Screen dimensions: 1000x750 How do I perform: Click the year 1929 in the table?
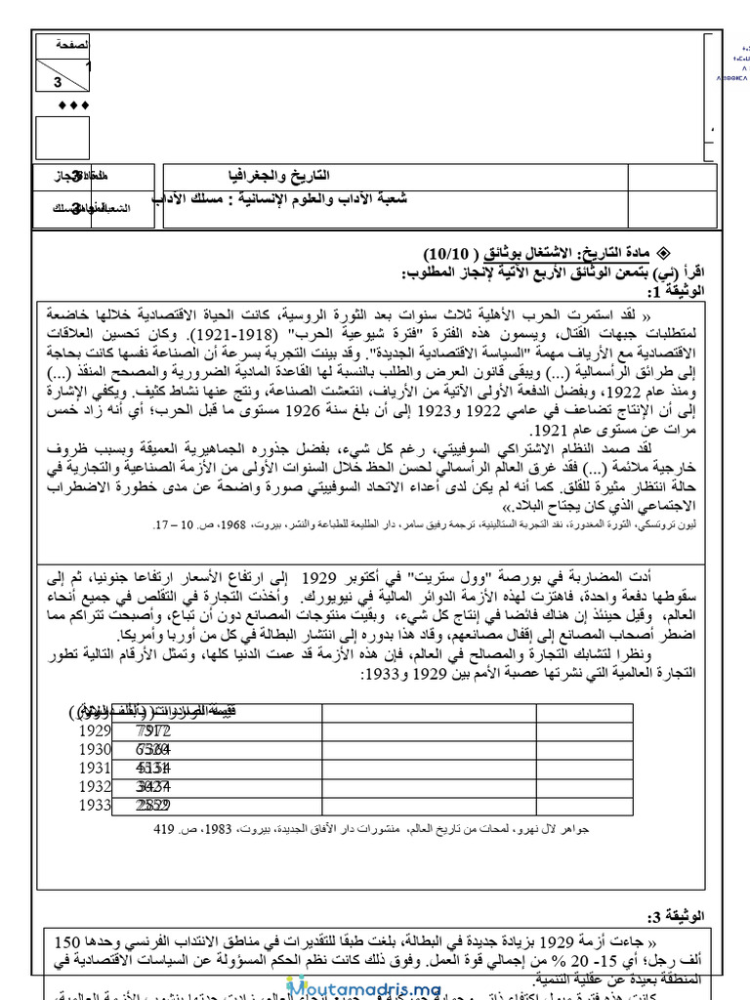(95, 729)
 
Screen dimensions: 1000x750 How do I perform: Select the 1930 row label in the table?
(95, 749)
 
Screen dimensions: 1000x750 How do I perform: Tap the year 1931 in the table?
(95, 768)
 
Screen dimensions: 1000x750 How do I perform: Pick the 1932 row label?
(95, 786)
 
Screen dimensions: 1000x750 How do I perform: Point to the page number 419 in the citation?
(163, 829)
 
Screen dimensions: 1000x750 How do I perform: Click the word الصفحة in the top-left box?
(71, 46)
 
